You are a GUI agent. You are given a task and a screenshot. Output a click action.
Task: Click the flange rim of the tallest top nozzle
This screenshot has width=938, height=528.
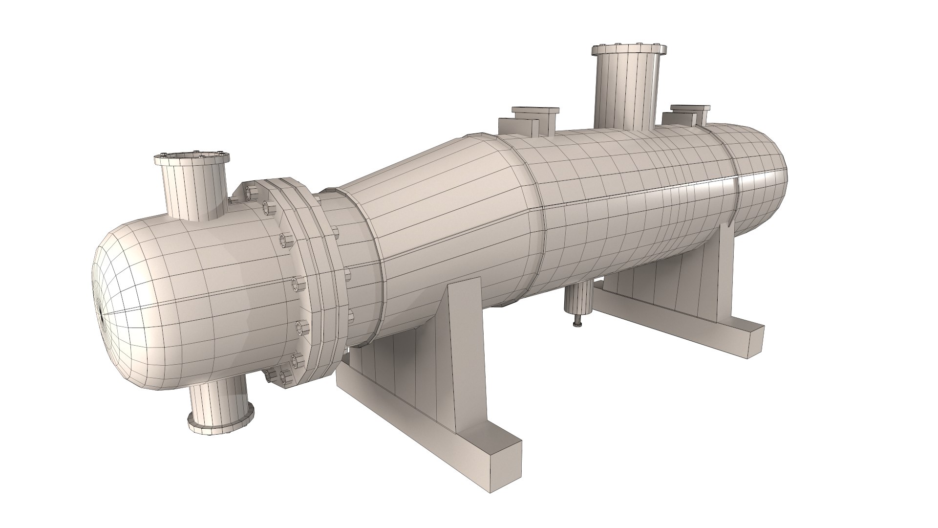pyautogui.click(x=629, y=50)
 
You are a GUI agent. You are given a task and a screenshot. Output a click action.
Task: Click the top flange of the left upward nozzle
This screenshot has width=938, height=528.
pyautogui.click(x=192, y=158)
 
